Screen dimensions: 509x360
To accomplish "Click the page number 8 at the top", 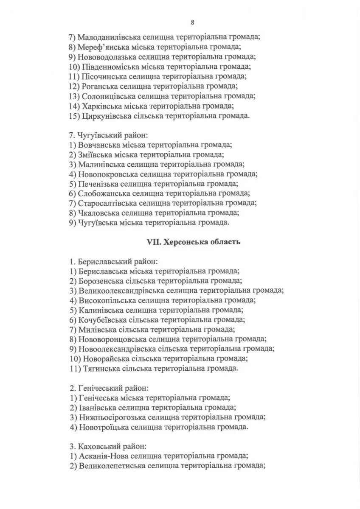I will point(192,22).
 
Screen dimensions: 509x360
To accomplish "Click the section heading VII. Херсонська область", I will point(194,242).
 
